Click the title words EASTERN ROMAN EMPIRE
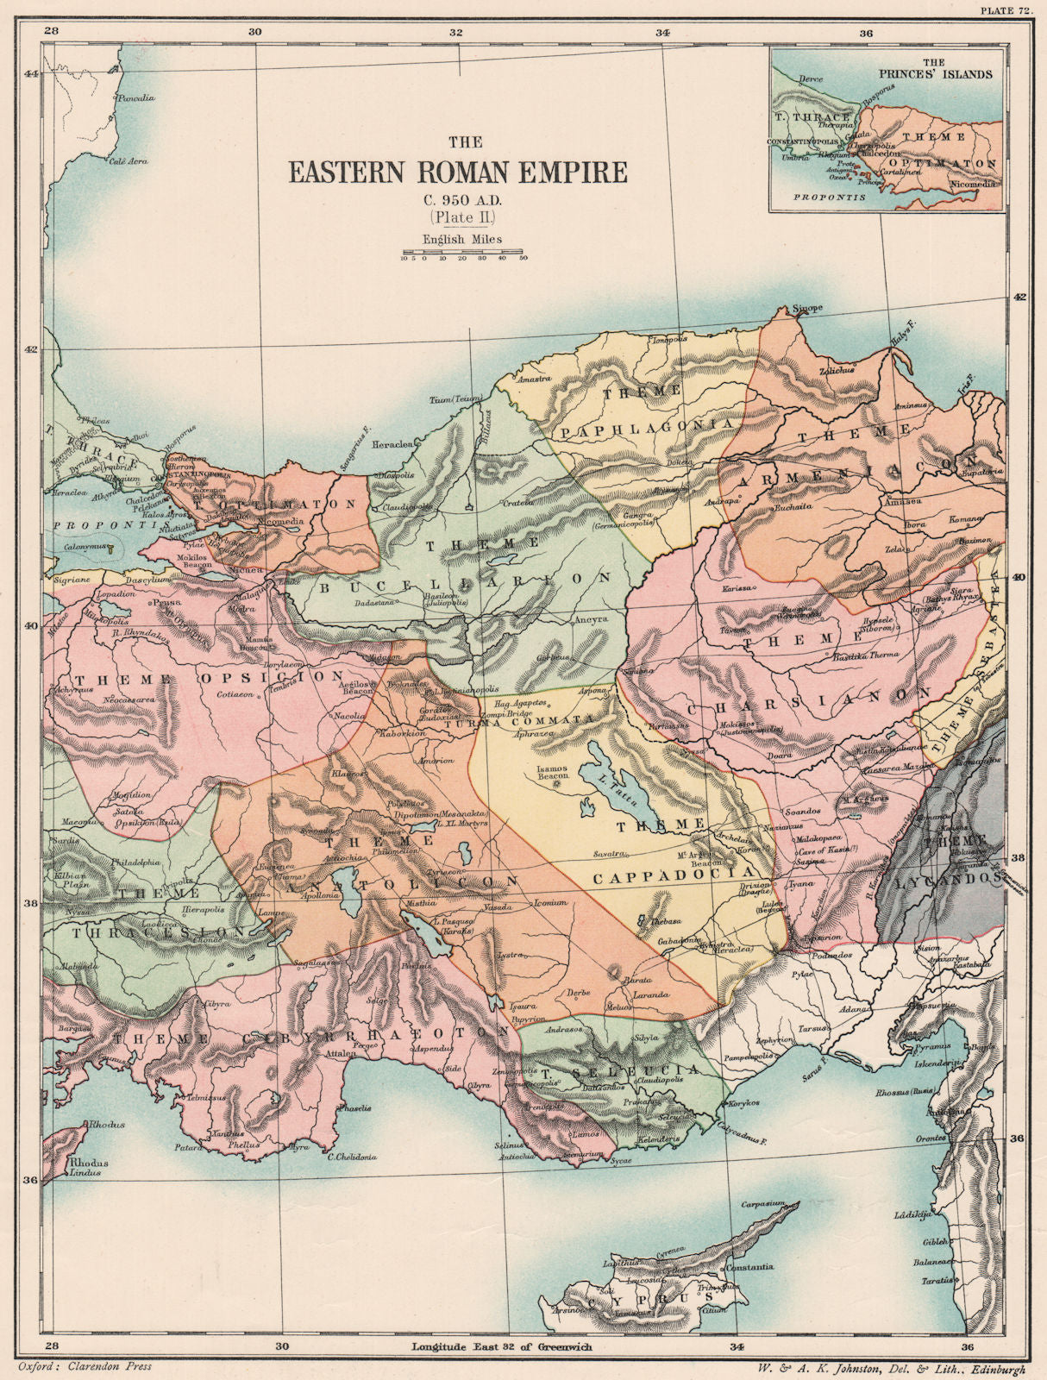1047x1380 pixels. [x=457, y=172]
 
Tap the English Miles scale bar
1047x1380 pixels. [x=464, y=255]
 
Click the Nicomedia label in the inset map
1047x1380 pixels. [x=975, y=184]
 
